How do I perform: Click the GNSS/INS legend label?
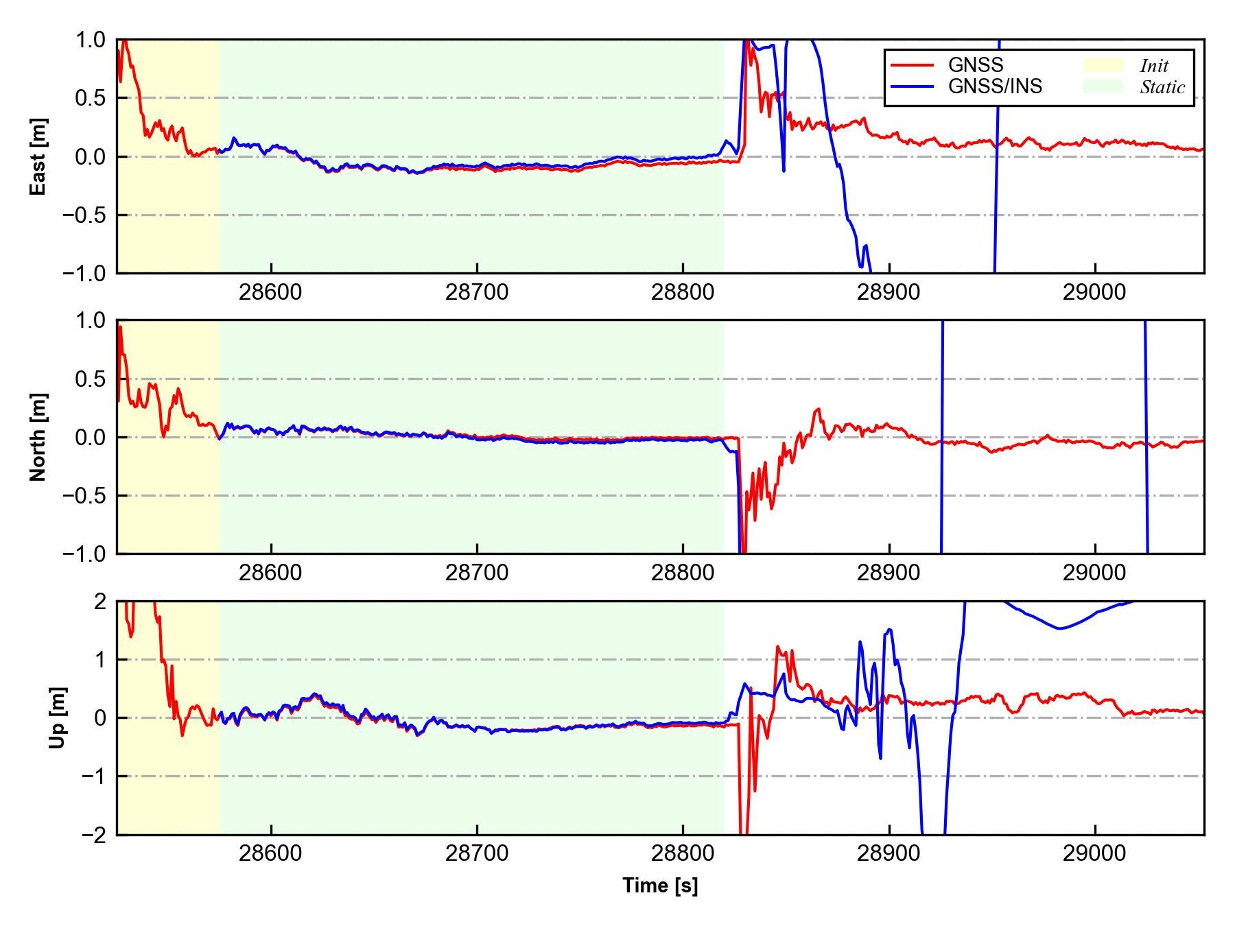coord(995,86)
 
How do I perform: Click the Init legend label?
coord(1154,66)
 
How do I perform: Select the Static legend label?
coord(1162,87)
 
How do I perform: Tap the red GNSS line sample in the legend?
coord(912,65)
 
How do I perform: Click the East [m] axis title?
coord(38,156)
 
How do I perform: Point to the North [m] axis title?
coord(38,437)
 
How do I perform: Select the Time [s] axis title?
coord(660,886)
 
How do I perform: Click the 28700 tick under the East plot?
coord(477,292)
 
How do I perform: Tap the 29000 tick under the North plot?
coord(1094,573)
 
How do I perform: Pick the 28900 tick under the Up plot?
coord(889,853)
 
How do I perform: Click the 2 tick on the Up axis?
coord(100,602)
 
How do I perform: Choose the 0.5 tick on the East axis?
coord(91,98)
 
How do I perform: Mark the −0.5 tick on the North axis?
coord(84,495)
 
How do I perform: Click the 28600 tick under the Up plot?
coord(270,853)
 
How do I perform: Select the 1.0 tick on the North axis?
coord(91,320)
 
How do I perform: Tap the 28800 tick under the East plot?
coord(683,292)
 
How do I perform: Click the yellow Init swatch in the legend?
coord(1103,65)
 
